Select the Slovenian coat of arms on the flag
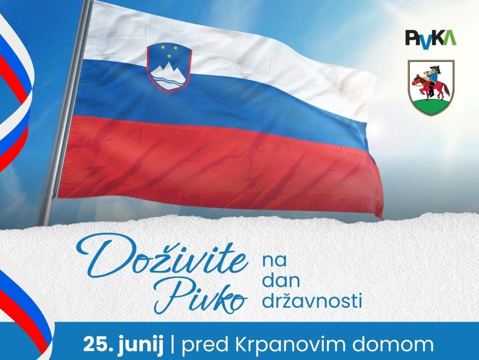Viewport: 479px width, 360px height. click(169, 68)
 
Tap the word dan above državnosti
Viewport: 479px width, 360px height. click(281, 282)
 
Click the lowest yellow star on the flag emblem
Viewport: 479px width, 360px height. click(169, 56)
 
